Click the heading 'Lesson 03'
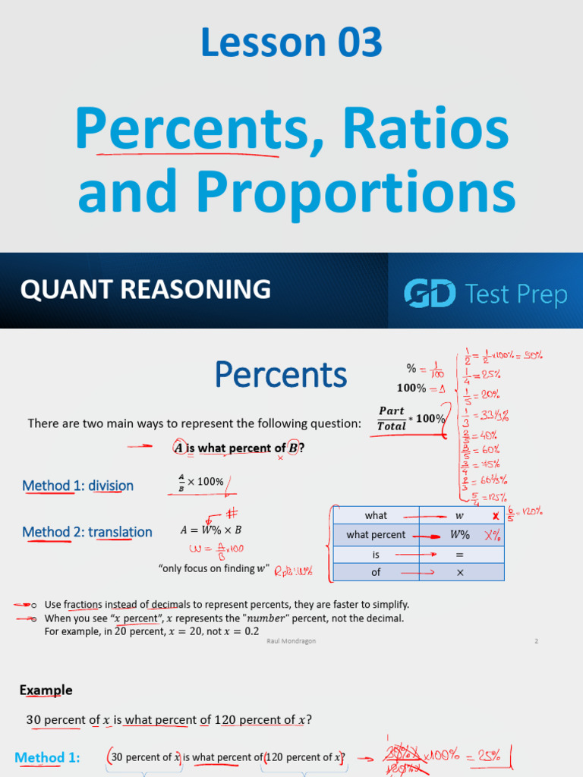point(291,42)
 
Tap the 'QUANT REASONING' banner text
point(145,289)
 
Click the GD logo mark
point(429,294)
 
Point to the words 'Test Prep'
point(516,294)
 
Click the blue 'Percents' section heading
point(280,374)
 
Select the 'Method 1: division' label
point(77,486)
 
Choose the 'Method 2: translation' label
point(87,532)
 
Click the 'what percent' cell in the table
point(376,535)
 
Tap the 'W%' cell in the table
point(460,535)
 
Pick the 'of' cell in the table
point(376,572)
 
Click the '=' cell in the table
point(460,554)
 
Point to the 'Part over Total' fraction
point(392,418)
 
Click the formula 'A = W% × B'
point(211,530)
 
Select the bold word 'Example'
point(46,690)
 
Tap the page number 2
point(536,641)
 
